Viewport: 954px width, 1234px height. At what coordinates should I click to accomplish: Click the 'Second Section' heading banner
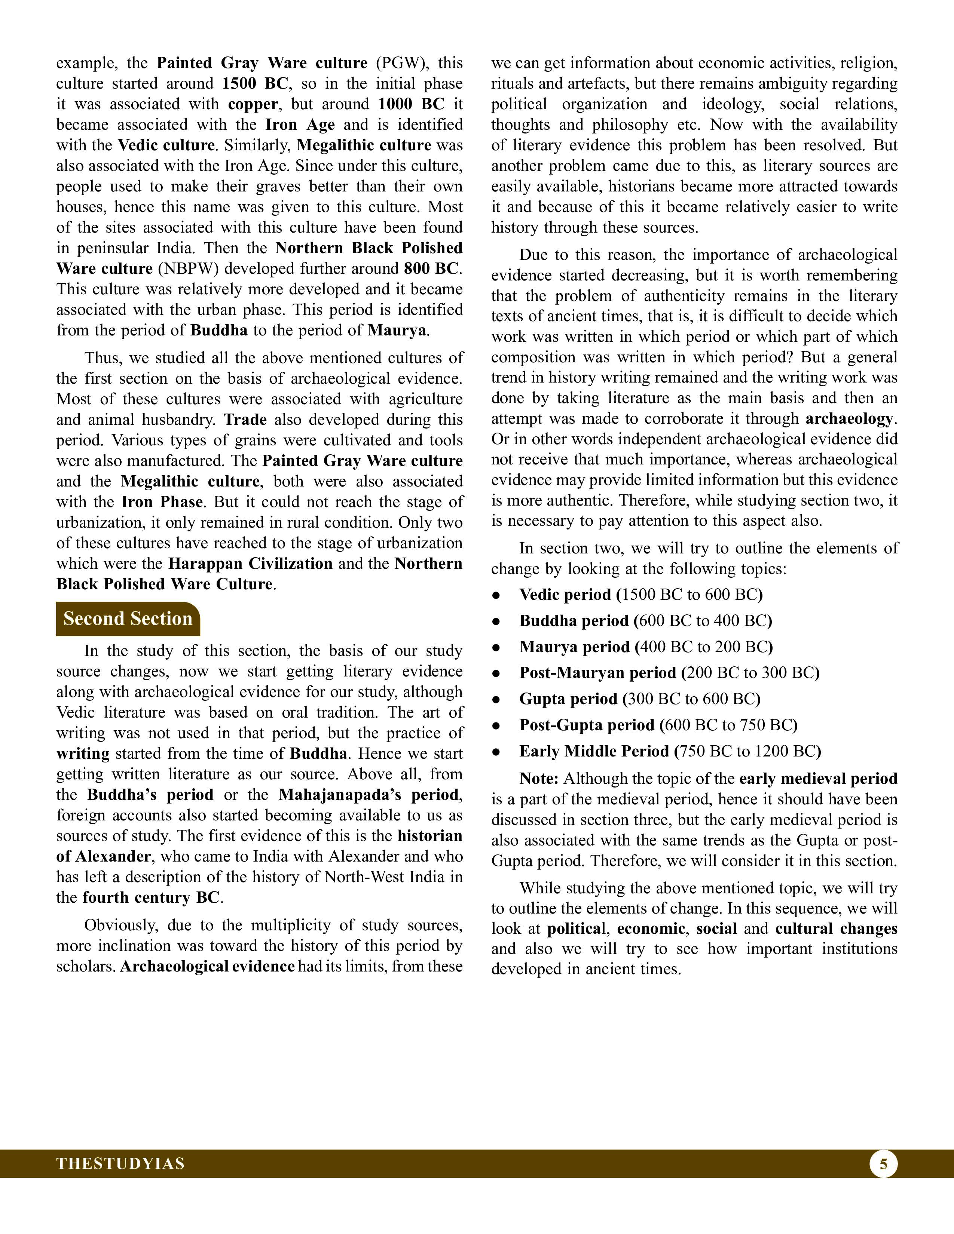[128, 619]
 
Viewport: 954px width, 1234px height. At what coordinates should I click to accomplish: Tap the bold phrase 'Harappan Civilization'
[250, 564]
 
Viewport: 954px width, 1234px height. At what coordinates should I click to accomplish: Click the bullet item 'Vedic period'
[565, 595]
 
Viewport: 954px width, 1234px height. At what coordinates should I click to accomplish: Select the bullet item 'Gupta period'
[568, 700]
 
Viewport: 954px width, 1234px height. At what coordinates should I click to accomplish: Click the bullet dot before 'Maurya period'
[496, 648]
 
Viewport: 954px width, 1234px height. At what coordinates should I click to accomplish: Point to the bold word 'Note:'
[539, 779]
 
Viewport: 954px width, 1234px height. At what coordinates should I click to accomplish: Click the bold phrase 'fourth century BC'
[150, 898]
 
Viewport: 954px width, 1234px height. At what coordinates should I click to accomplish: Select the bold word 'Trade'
[245, 420]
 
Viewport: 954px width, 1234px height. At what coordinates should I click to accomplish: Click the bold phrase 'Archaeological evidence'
[207, 967]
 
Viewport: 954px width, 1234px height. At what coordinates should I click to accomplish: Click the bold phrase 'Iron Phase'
[162, 502]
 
